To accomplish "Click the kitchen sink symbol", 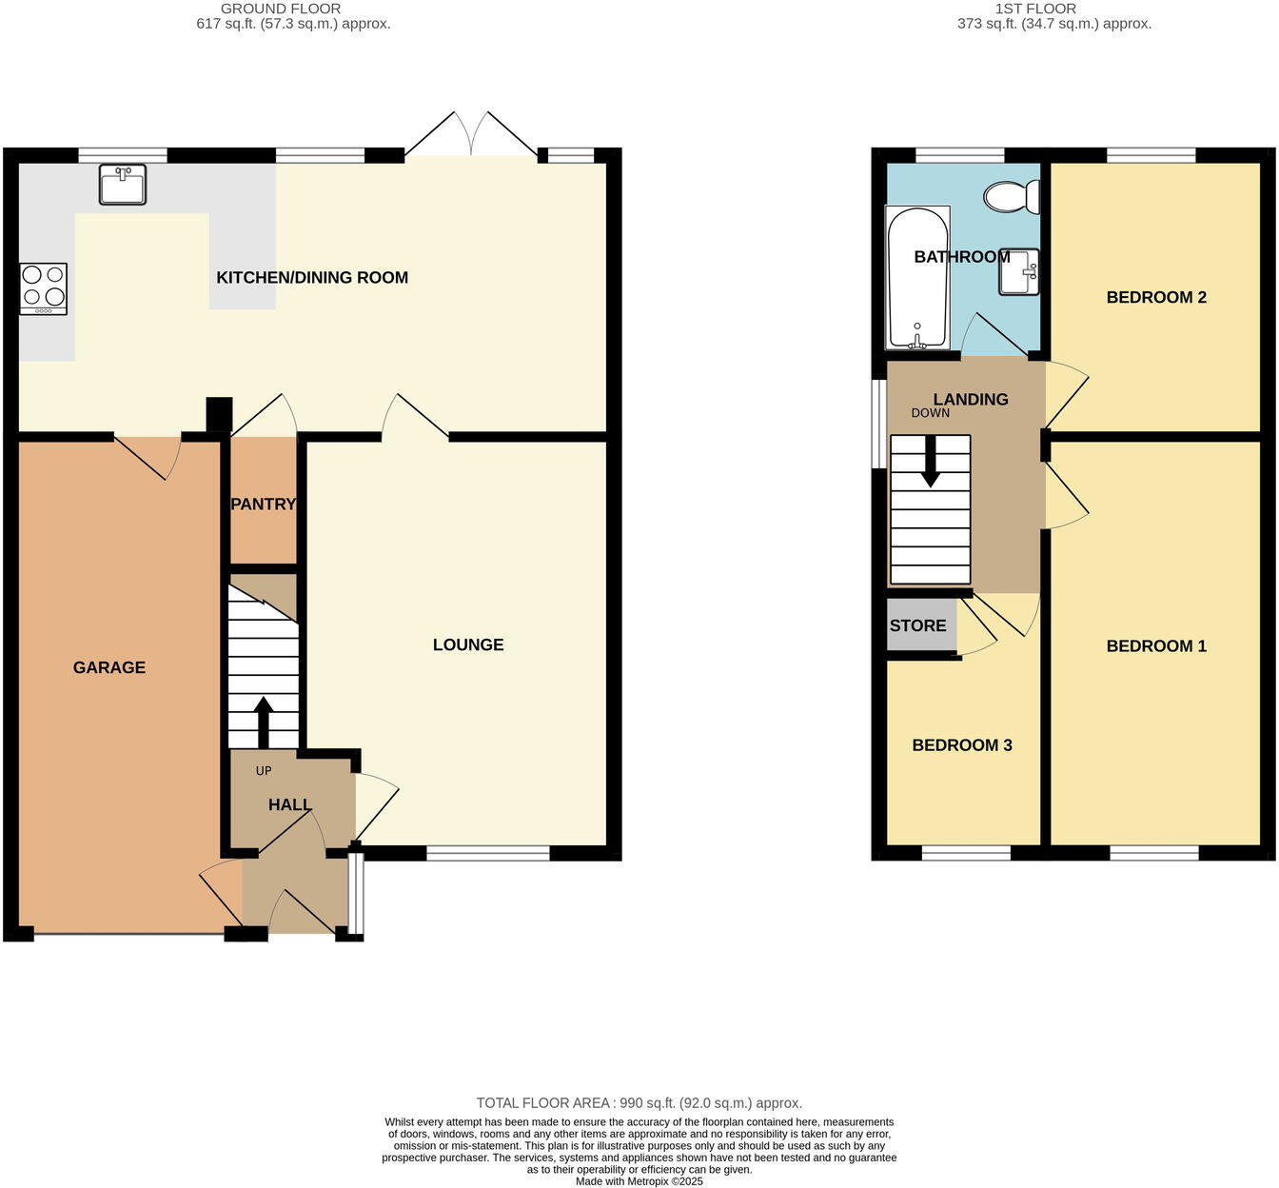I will click(x=123, y=184).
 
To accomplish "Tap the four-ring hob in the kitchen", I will click(x=44, y=288).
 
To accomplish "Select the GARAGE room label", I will click(x=109, y=667).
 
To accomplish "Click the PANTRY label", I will click(x=264, y=504).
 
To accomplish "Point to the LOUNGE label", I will click(x=468, y=644).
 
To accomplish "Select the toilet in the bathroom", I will click(x=1013, y=197).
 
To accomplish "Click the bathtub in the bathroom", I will click(x=917, y=278).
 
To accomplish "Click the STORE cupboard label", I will click(x=918, y=625).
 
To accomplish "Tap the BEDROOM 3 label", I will click(x=962, y=745).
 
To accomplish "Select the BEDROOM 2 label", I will click(x=1156, y=297).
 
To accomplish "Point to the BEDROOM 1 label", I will click(x=1156, y=646).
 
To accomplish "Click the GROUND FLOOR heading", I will click(x=281, y=9).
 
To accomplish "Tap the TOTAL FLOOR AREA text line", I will click(x=639, y=1103).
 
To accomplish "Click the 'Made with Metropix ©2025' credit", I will click(x=639, y=1181).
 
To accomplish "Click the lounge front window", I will click(x=488, y=853).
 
